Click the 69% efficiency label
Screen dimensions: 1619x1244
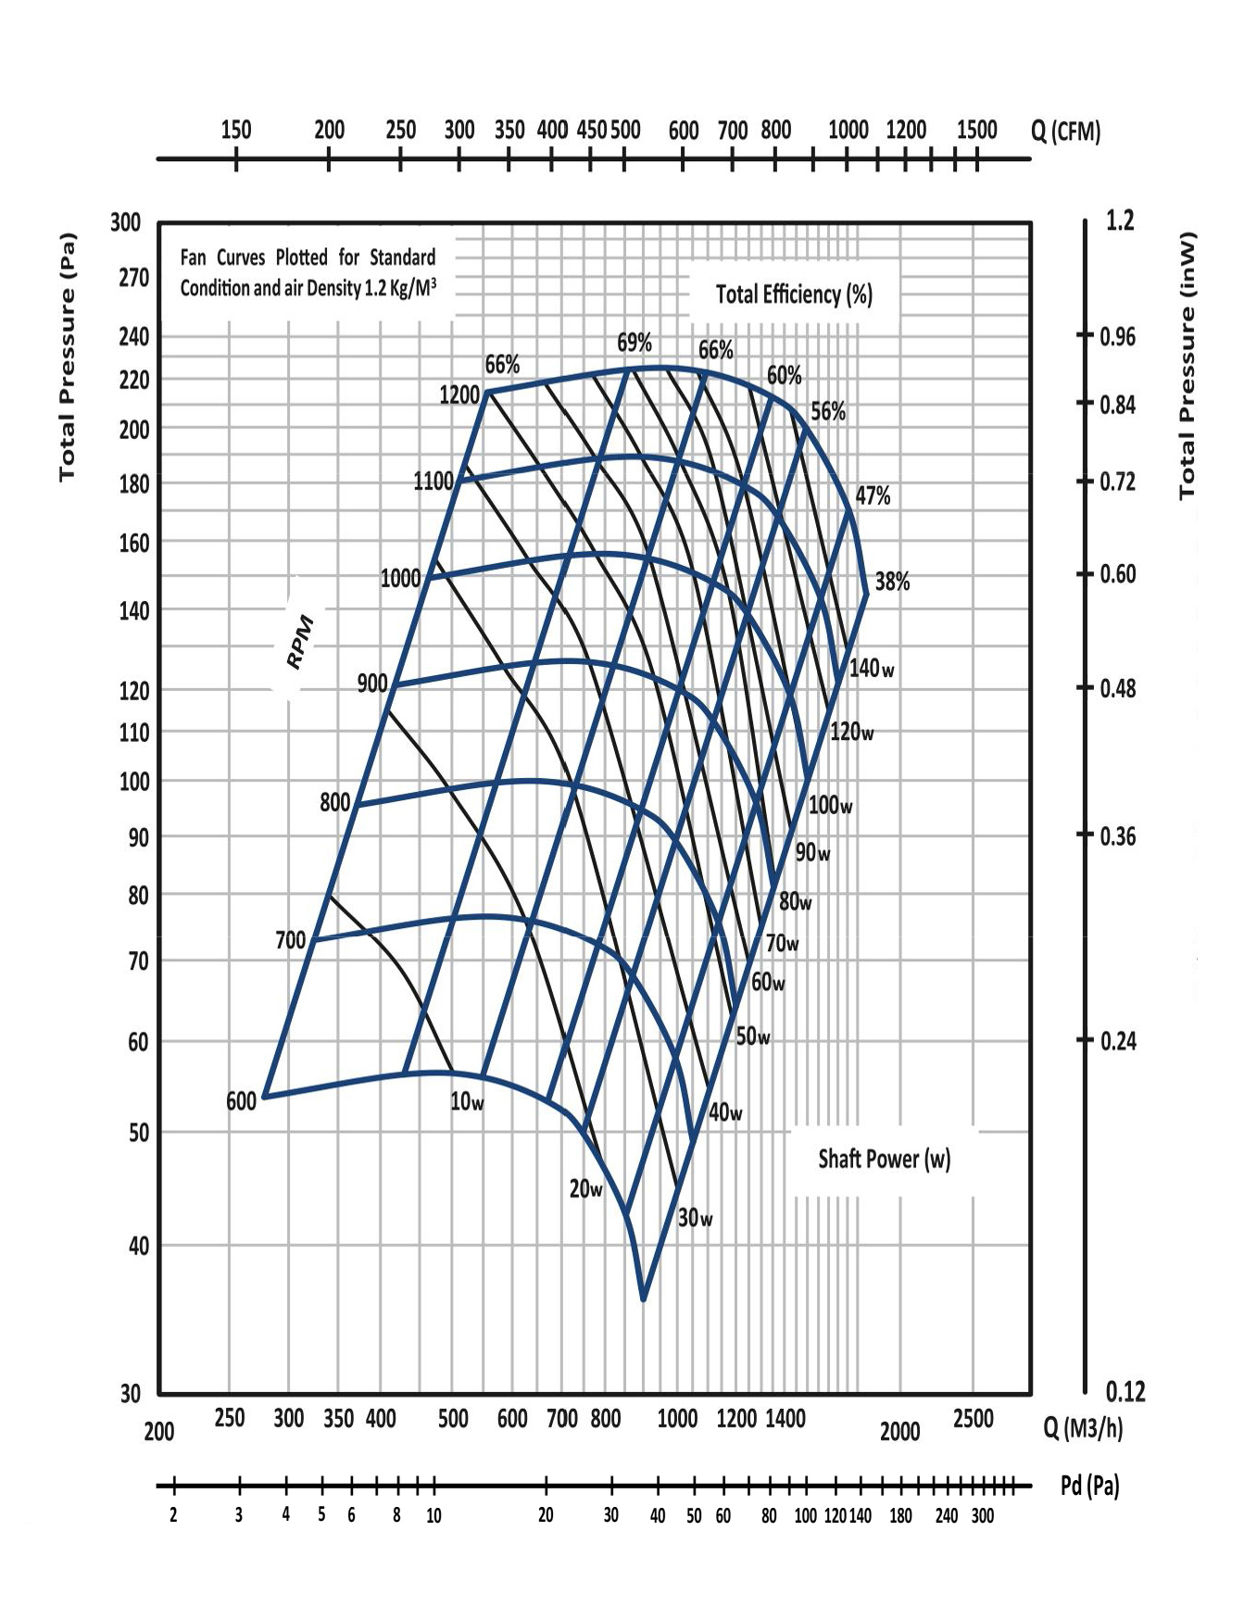[635, 343]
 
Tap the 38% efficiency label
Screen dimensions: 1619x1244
[892, 582]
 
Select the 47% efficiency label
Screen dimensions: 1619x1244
[872, 496]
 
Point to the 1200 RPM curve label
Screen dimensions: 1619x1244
[459, 395]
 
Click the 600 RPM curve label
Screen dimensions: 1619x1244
[241, 1102]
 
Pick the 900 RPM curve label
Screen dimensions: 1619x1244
[372, 684]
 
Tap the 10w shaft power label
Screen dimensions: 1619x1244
[467, 1102]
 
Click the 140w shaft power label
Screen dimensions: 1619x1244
[872, 668]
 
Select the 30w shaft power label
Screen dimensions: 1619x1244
[695, 1218]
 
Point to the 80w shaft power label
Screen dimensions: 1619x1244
[795, 900]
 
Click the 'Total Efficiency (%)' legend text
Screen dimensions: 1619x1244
[794, 295]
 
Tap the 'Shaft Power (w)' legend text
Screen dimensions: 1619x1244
[884, 1159]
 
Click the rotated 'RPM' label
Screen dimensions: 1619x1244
[300, 642]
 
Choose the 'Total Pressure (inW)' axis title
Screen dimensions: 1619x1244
[1187, 365]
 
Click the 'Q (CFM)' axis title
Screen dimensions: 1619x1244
[1065, 132]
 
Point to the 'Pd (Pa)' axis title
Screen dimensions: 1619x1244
[1089, 1486]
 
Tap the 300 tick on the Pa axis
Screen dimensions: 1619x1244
[126, 222]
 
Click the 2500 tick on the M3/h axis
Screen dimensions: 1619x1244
[973, 1418]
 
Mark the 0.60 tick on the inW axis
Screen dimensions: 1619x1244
[1117, 574]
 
